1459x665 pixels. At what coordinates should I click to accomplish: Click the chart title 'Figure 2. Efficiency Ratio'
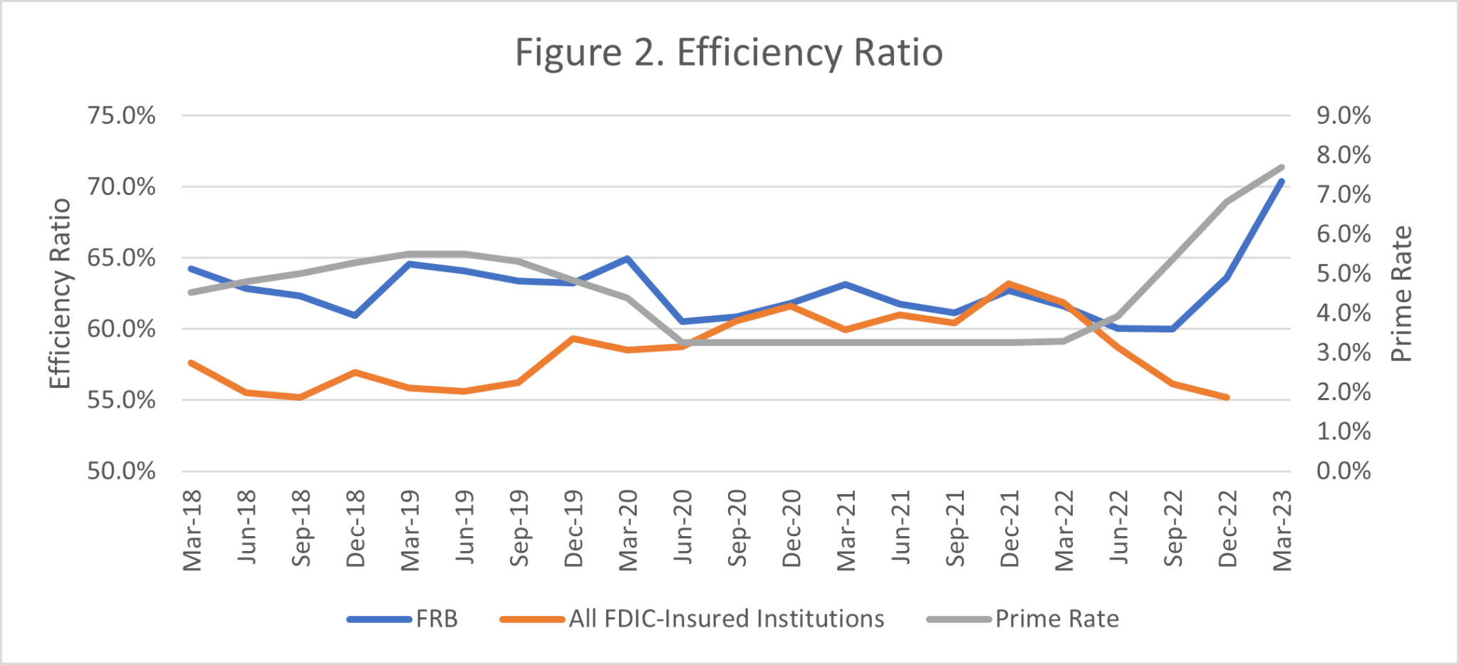click(729, 53)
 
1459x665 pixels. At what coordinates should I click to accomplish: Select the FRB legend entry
click(436, 619)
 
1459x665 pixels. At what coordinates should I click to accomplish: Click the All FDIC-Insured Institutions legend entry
click(726, 619)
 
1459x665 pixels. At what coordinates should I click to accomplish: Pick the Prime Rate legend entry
click(1056, 619)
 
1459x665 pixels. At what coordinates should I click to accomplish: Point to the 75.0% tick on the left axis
click(121, 115)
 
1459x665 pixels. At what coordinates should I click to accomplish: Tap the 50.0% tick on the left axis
click(121, 471)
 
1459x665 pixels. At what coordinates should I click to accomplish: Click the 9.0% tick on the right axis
click(1343, 115)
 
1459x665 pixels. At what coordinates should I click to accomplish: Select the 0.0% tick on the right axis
click(1343, 471)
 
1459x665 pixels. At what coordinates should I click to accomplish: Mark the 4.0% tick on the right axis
click(1343, 313)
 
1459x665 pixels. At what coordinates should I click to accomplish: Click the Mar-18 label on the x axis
click(192, 530)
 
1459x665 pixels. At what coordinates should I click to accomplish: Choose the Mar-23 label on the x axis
click(1282, 530)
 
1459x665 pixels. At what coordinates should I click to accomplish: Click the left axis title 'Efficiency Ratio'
click(60, 293)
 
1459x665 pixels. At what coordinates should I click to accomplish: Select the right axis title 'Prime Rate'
click(1401, 293)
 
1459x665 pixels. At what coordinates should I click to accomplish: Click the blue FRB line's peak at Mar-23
click(1282, 182)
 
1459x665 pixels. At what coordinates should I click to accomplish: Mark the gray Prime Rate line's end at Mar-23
click(1282, 167)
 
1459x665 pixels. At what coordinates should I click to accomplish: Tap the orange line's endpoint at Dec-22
click(1227, 397)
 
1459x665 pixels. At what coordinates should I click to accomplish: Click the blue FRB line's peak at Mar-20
click(627, 258)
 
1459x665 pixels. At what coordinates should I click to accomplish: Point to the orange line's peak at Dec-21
click(1009, 284)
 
